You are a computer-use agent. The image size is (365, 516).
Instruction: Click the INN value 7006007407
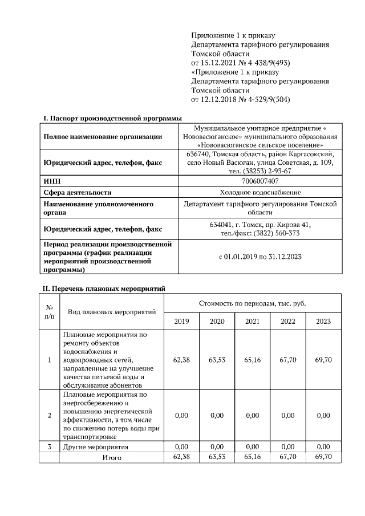click(260, 181)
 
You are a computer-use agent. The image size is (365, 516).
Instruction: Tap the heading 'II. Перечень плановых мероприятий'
click(104, 289)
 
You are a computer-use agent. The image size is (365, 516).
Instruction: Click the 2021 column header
click(252, 322)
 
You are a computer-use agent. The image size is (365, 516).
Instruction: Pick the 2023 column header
click(323, 322)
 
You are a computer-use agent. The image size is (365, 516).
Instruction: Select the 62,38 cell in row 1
click(181, 360)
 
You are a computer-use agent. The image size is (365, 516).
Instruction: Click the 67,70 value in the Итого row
click(287, 457)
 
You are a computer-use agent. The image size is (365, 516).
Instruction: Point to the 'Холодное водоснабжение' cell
click(260, 192)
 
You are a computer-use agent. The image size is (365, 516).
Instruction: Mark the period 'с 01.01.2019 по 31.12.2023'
click(260, 257)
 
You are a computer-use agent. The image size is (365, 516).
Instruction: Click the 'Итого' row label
click(112, 457)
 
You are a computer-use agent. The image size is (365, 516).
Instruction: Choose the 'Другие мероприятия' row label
click(96, 446)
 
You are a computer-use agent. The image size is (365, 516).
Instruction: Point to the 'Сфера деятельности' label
click(78, 192)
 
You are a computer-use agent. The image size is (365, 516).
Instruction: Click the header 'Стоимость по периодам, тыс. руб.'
click(252, 303)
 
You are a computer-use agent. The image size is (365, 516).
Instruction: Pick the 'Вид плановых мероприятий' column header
click(112, 312)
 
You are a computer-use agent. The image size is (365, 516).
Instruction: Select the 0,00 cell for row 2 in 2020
click(217, 415)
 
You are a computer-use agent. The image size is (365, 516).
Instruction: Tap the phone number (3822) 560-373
click(279, 233)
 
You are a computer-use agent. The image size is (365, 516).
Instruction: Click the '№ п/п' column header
click(50, 311)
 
